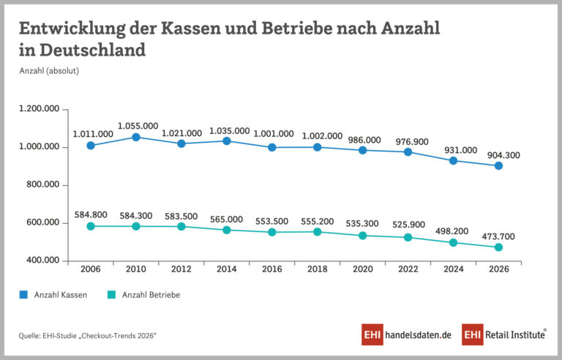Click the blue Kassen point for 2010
[136, 137]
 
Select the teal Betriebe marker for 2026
[498, 247]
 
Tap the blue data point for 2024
[453, 161]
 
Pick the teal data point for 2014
[227, 230]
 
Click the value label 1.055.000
[138, 126]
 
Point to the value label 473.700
[498, 236]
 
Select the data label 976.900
[412, 142]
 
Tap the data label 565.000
[227, 219]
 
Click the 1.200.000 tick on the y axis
[40, 108]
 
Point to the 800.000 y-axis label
[43, 184]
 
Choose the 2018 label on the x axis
[317, 269]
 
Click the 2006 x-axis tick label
[91, 269]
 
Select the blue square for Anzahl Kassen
[23, 295]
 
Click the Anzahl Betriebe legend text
[151, 295]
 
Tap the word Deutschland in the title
[92, 50]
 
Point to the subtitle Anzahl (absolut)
[49, 71]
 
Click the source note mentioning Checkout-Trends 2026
[88, 336]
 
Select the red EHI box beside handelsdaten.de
[372, 334]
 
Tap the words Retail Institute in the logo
[515, 334]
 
